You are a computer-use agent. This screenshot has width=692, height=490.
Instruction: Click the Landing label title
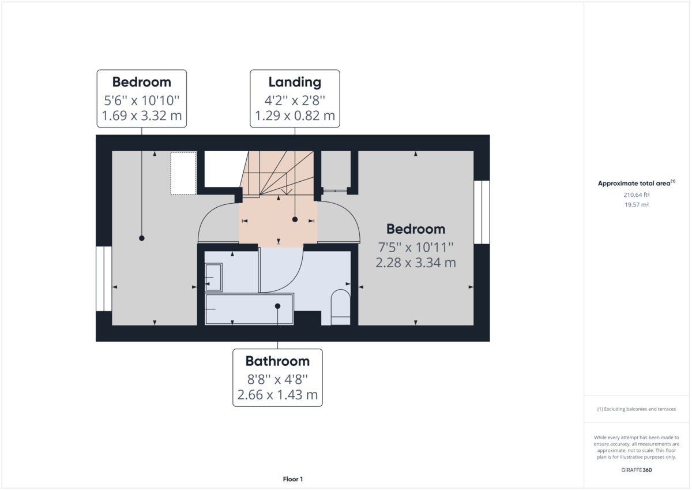pyautogui.click(x=295, y=82)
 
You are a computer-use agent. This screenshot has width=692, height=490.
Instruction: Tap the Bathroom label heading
pyautogui.click(x=277, y=361)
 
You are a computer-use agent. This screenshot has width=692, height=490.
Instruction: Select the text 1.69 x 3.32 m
pyautogui.click(x=142, y=116)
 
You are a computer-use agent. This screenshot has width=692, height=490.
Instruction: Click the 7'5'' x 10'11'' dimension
pyautogui.click(x=416, y=248)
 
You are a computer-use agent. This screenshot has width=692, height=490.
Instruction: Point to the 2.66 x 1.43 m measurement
pyautogui.click(x=277, y=395)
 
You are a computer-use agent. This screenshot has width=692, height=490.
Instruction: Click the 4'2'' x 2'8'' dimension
pyautogui.click(x=295, y=99)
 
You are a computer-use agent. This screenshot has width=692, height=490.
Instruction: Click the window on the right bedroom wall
pyautogui.click(x=482, y=212)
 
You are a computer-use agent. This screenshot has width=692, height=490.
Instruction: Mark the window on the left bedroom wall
pyautogui.click(x=104, y=278)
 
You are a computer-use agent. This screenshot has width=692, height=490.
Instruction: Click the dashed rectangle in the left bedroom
pyautogui.click(x=183, y=173)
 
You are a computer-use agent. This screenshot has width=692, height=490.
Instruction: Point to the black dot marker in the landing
pyautogui.click(x=295, y=220)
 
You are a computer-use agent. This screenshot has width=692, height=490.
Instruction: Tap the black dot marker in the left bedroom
pyautogui.click(x=142, y=238)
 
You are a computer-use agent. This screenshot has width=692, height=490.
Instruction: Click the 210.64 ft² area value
pyautogui.click(x=636, y=194)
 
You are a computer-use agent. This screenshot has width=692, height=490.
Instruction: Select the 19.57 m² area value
pyautogui.click(x=636, y=205)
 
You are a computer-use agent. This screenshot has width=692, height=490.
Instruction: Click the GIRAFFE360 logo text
pyautogui.click(x=636, y=470)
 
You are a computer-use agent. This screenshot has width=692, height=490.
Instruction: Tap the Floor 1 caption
pyautogui.click(x=293, y=479)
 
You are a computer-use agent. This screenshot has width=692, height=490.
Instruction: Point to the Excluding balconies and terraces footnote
pyautogui.click(x=636, y=409)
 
